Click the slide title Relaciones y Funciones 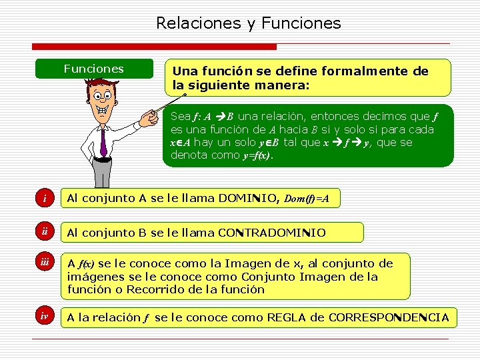click(248, 23)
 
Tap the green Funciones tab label click(93, 69)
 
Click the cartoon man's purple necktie click(103, 140)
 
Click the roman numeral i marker click(45, 199)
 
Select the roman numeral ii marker click(45, 232)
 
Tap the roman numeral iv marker click(45, 317)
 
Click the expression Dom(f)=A click(311, 199)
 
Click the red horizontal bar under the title click(153, 47)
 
